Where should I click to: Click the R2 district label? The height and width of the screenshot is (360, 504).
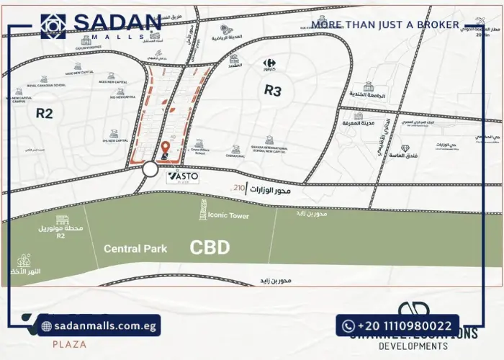tap(45, 112)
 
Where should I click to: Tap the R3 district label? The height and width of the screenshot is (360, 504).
tap(272, 91)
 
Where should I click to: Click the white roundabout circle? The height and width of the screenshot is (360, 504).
tap(150, 169)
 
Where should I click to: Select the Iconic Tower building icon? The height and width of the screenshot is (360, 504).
tap(204, 210)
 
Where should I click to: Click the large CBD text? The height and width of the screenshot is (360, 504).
tap(210, 248)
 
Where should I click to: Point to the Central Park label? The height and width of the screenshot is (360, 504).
tap(135, 249)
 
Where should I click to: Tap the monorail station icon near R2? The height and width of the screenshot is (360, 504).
tap(63, 220)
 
